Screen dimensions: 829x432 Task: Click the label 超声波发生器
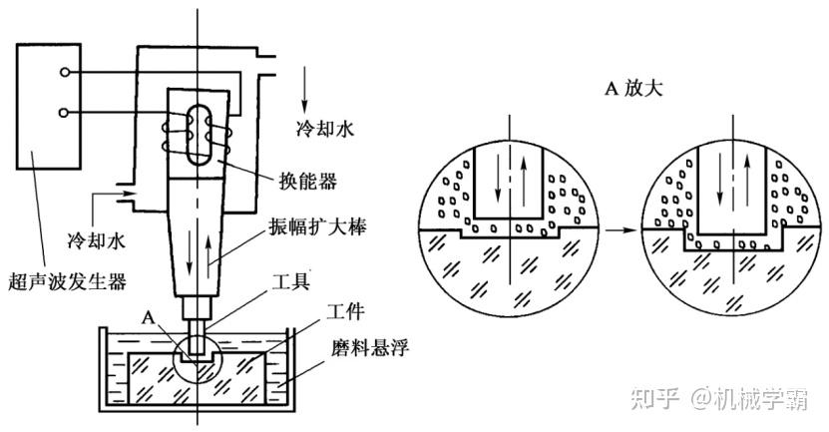tap(67, 280)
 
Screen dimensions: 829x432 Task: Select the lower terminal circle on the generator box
tap(64, 112)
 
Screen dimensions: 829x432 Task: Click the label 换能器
tap(307, 182)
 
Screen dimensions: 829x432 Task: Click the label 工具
tap(290, 280)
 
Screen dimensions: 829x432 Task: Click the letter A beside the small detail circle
tap(149, 318)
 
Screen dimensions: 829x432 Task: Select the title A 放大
tap(633, 88)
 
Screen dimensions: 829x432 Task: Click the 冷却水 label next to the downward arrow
tap(324, 130)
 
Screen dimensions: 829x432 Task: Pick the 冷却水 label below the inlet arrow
tap(97, 240)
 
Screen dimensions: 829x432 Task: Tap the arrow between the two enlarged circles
tap(620, 230)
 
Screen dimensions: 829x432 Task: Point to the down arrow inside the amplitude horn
tap(190, 257)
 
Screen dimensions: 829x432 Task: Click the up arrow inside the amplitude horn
tap(208, 257)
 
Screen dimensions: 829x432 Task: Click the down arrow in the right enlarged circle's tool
tap(719, 181)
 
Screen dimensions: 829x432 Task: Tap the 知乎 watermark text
tap(655, 398)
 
